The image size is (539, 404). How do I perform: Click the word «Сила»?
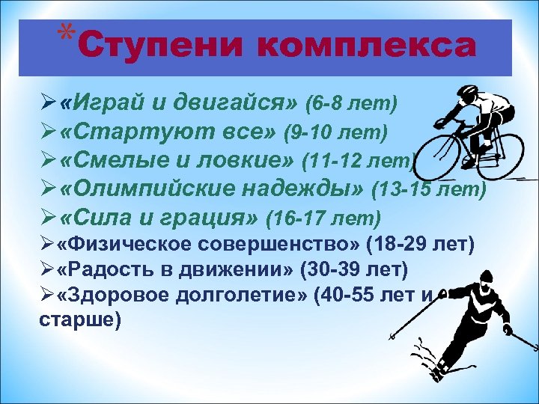(91, 218)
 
